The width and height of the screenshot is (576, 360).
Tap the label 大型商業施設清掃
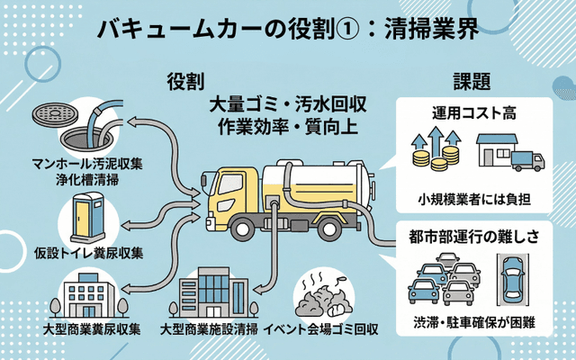212,328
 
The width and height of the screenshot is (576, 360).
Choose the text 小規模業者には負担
478,196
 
